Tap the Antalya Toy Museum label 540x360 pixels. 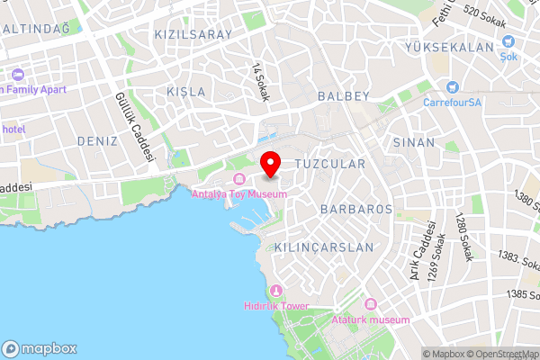(x=240, y=193)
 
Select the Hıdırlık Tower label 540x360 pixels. (x=275, y=306)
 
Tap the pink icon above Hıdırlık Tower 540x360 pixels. (x=275, y=292)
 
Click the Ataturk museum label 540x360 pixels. (x=370, y=319)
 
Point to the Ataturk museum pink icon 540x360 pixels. (x=370, y=305)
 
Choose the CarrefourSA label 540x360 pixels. (x=454, y=102)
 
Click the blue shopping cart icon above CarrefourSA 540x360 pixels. (x=452, y=87)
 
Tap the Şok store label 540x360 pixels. (x=508, y=56)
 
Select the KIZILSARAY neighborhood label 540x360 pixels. (x=193, y=34)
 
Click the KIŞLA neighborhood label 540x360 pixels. (x=186, y=92)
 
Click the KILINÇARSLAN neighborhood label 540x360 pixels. (x=324, y=247)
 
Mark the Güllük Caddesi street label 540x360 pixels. (x=134, y=126)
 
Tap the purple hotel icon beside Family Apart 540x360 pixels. (x=19, y=74)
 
